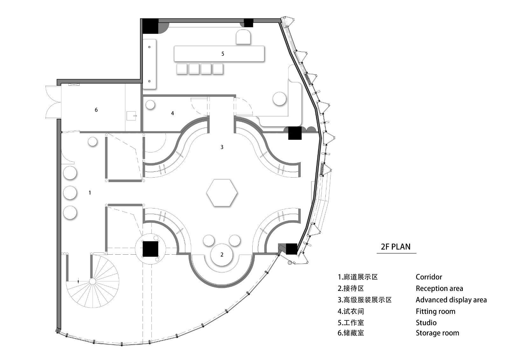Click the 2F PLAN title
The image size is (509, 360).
[396, 247]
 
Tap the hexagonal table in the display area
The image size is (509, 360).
[222, 193]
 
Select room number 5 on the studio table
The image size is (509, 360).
[223, 54]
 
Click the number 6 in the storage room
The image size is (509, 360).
[96, 110]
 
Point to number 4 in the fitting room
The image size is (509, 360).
[172, 113]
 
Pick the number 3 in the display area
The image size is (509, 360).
[222, 147]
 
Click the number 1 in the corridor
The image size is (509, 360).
[90, 193]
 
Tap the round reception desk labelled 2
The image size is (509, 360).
[222, 254]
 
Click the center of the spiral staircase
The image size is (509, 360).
[92, 281]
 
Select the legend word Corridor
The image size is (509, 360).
[429, 277]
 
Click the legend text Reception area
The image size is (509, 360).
[439, 288]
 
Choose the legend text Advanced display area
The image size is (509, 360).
[451, 300]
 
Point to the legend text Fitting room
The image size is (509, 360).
[435, 311]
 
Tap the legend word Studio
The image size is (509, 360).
[426, 323]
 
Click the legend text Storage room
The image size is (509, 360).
[437, 333]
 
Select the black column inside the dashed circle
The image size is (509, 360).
[150, 249]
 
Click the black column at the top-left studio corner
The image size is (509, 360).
[150, 26]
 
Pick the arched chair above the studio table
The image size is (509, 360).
[243, 37]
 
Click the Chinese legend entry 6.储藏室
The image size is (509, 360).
[351, 333]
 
